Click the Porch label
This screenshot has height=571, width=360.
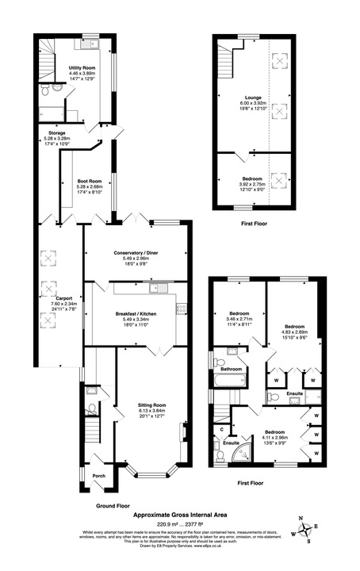point(99,476)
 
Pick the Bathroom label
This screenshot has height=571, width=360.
point(231,369)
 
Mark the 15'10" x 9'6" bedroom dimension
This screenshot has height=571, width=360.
point(293,337)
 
